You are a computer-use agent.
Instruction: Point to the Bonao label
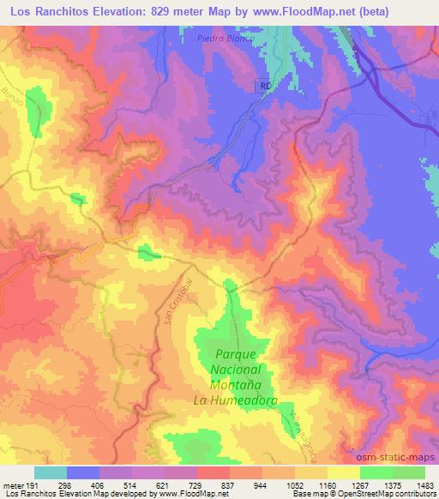point(11,92)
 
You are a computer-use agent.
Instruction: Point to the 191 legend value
point(33,484)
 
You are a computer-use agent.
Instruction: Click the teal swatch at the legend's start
point(50,472)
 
